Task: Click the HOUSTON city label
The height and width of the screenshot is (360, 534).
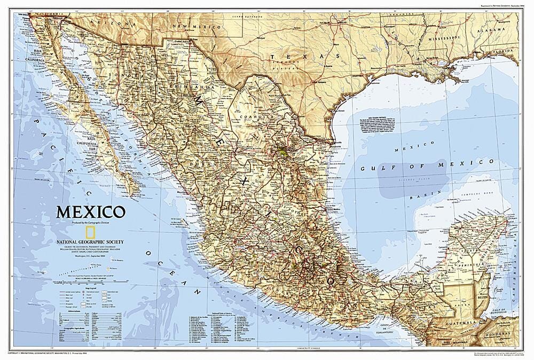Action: pos(358,76)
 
